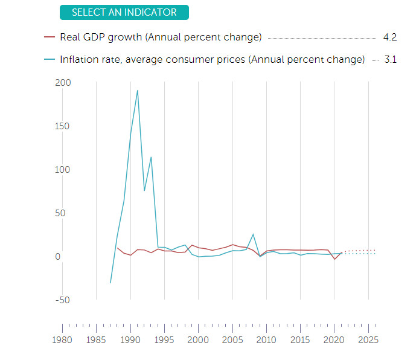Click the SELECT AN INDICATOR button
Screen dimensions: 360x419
coord(124,12)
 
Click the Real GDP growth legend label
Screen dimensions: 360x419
coord(161,37)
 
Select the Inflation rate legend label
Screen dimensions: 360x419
coord(212,59)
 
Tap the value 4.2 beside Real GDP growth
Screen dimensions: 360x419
coord(389,37)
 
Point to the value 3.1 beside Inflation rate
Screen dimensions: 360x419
coord(390,59)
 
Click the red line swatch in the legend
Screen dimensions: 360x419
coord(50,37)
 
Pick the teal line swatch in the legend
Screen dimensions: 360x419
coord(50,59)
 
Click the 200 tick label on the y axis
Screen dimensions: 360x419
coord(63,83)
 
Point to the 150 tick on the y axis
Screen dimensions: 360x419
coord(63,126)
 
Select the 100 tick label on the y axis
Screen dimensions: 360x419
coord(63,170)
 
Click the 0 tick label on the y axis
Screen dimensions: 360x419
coord(58,257)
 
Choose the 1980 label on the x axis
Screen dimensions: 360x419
coord(62,340)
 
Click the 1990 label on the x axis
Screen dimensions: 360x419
coord(130,340)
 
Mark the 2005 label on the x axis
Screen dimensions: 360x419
coord(232,340)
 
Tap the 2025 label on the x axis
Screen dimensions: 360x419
coord(368,340)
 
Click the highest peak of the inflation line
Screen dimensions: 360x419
coord(138,91)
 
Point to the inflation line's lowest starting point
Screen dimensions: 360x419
coord(110,283)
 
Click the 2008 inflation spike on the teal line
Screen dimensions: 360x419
coord(253,234)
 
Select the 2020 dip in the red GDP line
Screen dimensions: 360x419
coord(334,259)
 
